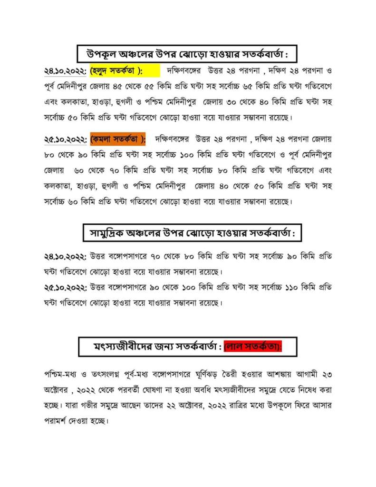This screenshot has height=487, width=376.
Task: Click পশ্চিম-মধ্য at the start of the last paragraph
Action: [x=60, y=374]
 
